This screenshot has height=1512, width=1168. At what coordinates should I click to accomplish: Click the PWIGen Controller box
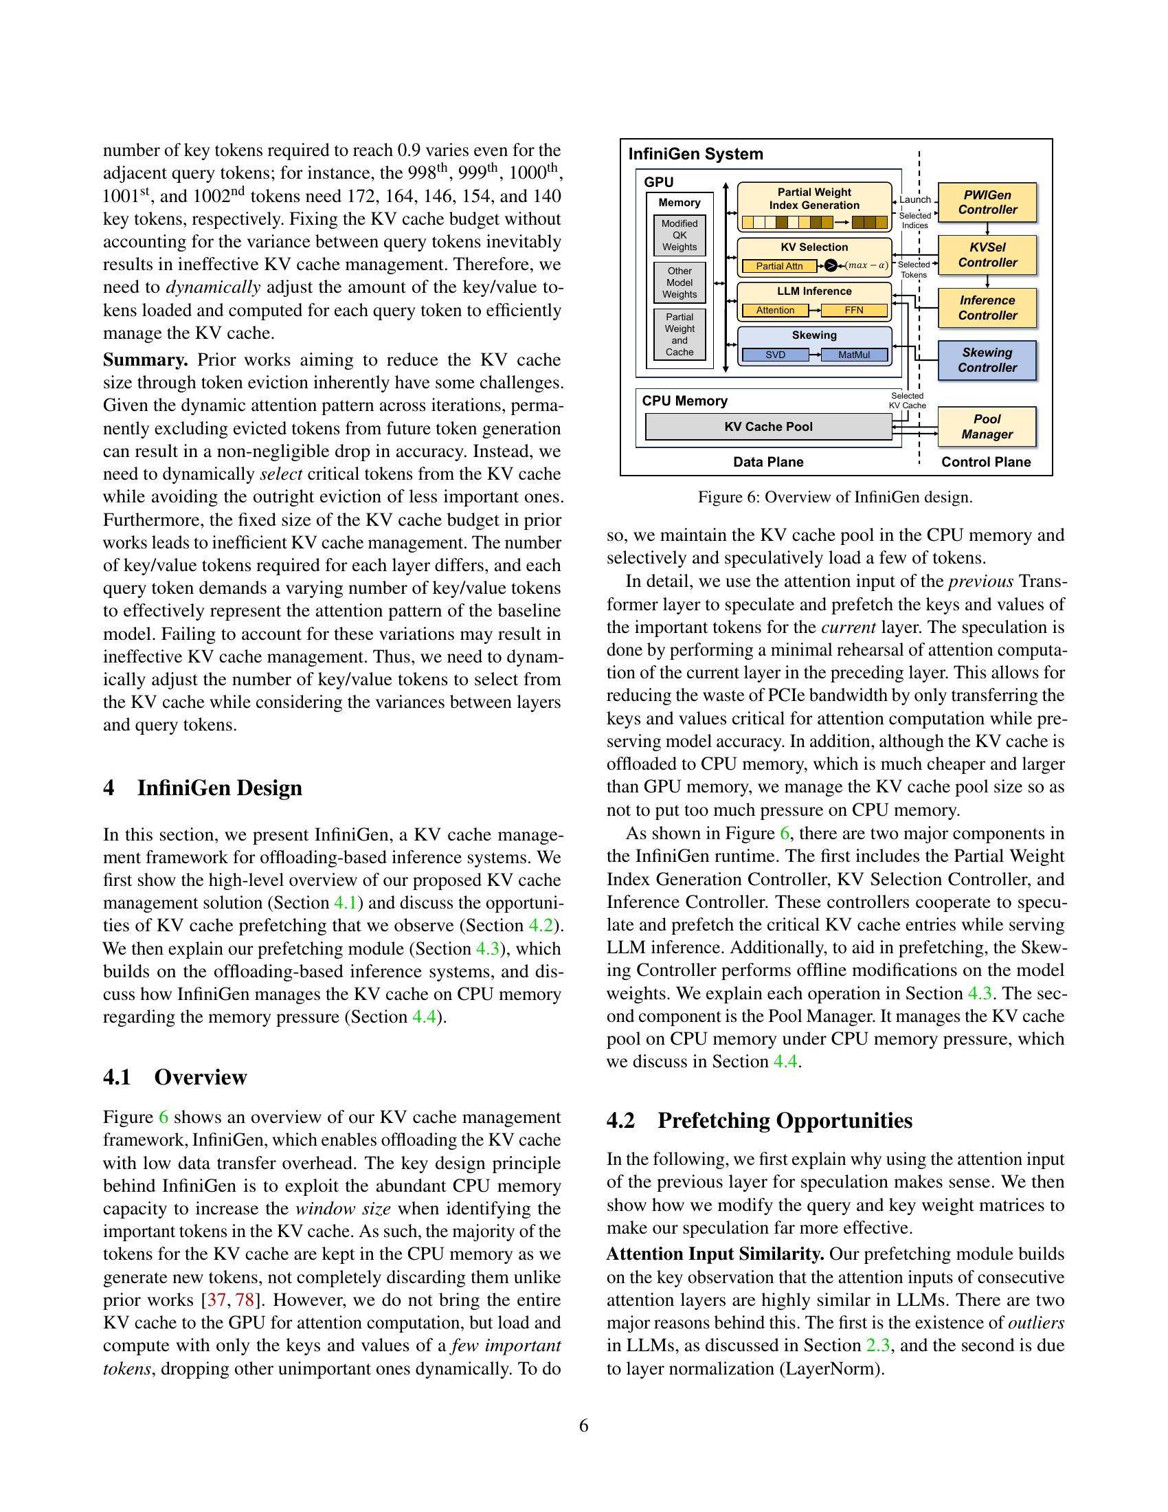[x=987, y=202]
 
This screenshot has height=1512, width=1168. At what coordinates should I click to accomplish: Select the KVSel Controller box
[x=987, y=255]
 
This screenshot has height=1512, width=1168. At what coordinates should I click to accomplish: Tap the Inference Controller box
[x=987, y=307]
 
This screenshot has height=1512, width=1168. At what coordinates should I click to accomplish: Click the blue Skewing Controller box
[x=987, y=360]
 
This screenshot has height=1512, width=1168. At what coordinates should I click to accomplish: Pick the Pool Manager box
[x=987, y=427]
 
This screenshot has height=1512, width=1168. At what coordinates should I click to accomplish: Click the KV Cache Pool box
[x=768, y=427]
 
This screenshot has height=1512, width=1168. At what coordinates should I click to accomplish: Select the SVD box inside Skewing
[x=775, y=355]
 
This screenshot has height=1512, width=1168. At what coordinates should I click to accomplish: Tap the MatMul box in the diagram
[x=854, y=355]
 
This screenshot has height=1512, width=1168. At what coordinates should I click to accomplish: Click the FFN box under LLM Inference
[x=854, y=310]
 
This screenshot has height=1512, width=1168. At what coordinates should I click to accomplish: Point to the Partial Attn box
[x=779, y=266]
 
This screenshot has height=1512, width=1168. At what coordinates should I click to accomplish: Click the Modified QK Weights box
[x=680, y=235]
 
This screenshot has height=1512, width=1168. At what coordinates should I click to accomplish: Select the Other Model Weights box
[x=680, y=282]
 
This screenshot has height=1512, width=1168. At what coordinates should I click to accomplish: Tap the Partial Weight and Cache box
[x=680, y=335]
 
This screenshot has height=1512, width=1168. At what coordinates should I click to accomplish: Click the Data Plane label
[x=768, y=462]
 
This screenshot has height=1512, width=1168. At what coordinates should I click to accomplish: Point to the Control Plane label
[x=985, y=462]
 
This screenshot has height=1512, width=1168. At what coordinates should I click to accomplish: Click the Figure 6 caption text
[x=835, y=497]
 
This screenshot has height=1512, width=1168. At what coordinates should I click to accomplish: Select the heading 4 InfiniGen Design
[x=203, y=788]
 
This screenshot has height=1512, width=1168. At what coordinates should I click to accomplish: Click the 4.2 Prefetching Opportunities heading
[x=759, y=1120]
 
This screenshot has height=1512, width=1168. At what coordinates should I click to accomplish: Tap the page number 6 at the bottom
[x=583, y=1426]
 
